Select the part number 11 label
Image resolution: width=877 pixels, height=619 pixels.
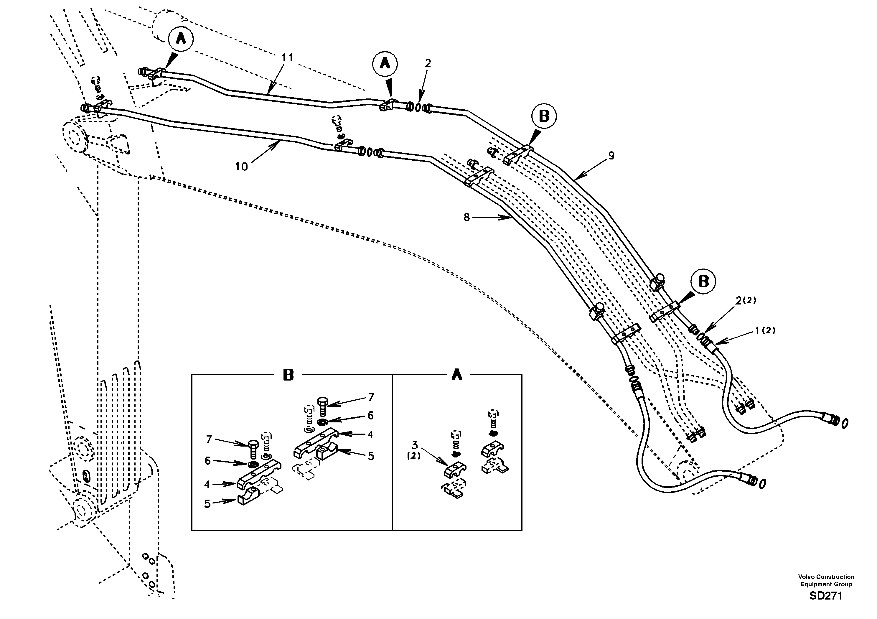tap(287, 58)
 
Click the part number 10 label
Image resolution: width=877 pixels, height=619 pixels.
tap(241, 167)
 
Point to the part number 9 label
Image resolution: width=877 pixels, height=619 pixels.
tap(611, 156)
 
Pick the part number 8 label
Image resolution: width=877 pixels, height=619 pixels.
tap(466, 218)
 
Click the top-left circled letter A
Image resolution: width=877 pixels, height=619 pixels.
tap(181, 39)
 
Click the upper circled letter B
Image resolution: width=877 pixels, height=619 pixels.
tap(544, 116)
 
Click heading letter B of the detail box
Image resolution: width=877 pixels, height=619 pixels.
tap(289, 375)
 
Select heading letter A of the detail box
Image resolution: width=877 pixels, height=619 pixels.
tap(456, 375)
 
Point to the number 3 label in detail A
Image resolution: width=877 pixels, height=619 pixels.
tap(415, 445)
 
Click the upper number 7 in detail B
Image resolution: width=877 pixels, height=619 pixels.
tap(371, 397)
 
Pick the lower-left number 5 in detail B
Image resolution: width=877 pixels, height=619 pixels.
tap(207, 504)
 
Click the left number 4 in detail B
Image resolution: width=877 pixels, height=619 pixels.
tap(207, 485)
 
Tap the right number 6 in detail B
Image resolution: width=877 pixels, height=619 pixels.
tap(370, 415)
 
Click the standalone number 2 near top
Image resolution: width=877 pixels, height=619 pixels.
tap(428, 63)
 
